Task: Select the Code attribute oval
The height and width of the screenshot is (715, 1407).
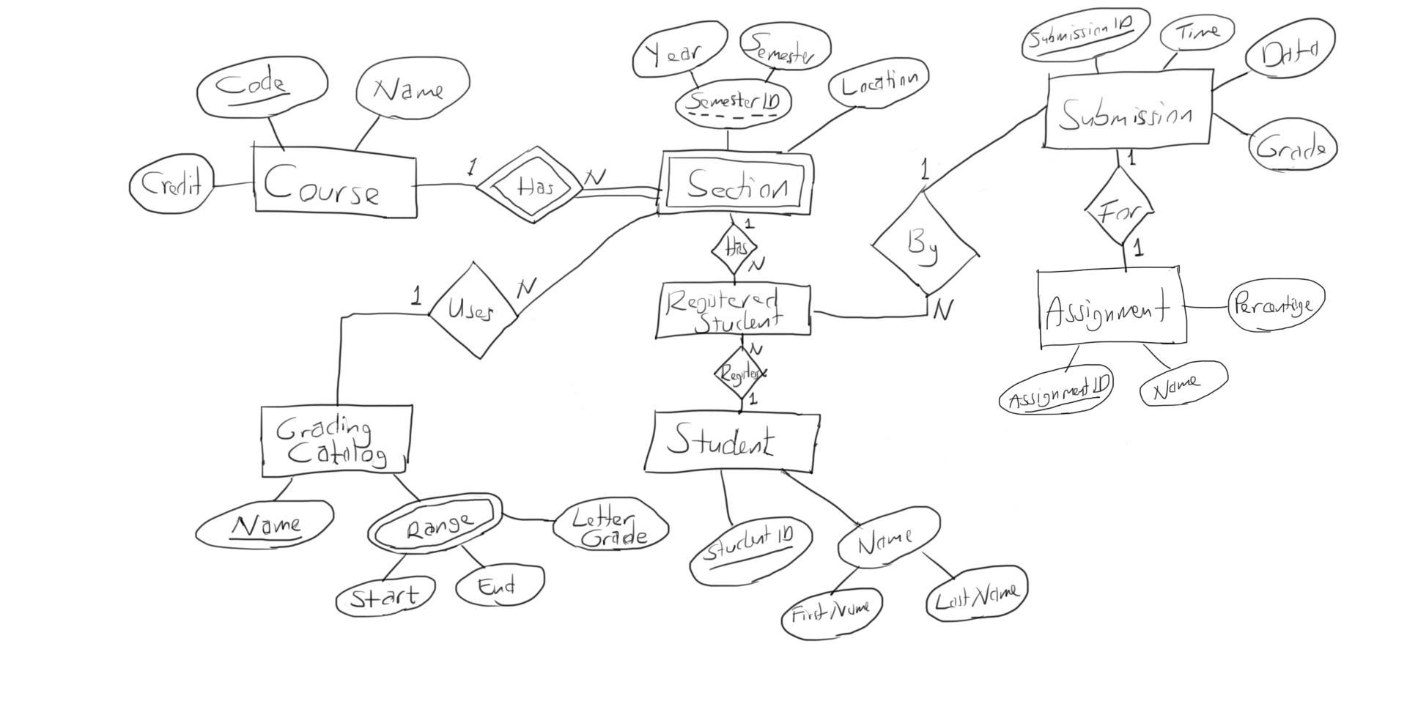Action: click(x=262, y=86)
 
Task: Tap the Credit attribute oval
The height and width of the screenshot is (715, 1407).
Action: click(x=171, y=184)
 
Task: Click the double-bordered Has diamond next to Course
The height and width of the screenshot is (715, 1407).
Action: click(x=530, y=185)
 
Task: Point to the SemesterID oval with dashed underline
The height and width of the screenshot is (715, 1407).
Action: click(x=732, y=103)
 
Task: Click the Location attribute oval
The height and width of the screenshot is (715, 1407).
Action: click(x=878, y=84)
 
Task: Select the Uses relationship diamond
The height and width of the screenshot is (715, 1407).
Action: click(x=473, y=311)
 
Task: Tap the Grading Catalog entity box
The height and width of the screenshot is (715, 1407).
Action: click(x=334, y=441)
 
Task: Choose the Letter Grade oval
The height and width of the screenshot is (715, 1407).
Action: click(x=610, y=527)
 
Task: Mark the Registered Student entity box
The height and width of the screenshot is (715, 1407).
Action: click(x=732, y=311)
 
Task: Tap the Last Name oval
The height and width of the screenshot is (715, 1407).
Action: click(x=975, y=593)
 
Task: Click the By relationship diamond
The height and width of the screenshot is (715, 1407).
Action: click(x=924, y=242)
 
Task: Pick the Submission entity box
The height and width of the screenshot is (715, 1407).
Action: click(x=1126, y=111)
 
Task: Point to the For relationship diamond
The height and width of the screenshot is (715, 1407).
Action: click(x=1119, y=209)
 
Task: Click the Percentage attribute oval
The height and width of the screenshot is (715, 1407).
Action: click(x=1275, y=305)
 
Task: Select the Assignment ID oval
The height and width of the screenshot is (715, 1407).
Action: click(x=1055, y=390)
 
